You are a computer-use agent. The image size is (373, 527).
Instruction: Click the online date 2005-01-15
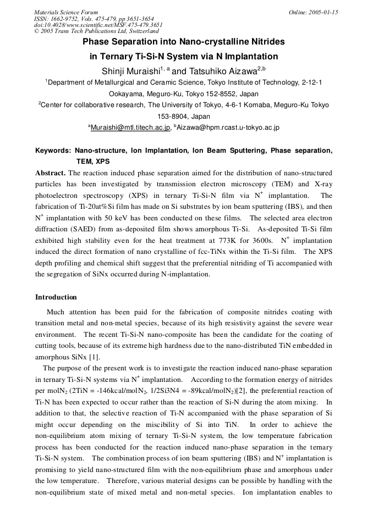pyautogui.click(x=323, y=12)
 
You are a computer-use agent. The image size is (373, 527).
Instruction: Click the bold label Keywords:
pyautogui.click(x=53, y=150)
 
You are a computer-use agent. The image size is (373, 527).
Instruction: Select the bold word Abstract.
pyautogui.click(x=51, y=173)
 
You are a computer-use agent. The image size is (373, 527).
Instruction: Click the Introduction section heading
pyautogui.click(x=56, y=297)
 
